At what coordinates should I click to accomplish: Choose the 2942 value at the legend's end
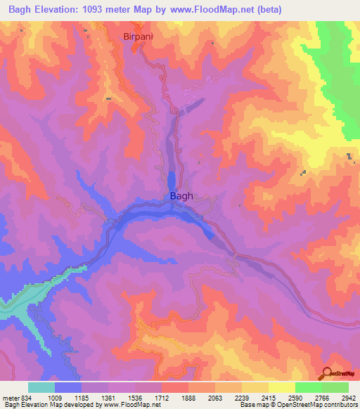pyautogui.click(x=349, y=397)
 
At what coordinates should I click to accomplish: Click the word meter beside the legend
pyautogui.click(x=11, y=397)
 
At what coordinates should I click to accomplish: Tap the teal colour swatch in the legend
pyautogui.click(x=41, y=387)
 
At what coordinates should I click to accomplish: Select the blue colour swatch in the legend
pyautogui.click(x=67, y=387)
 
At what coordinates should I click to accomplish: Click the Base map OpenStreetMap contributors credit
pyautogui.click(x=297, y=405)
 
